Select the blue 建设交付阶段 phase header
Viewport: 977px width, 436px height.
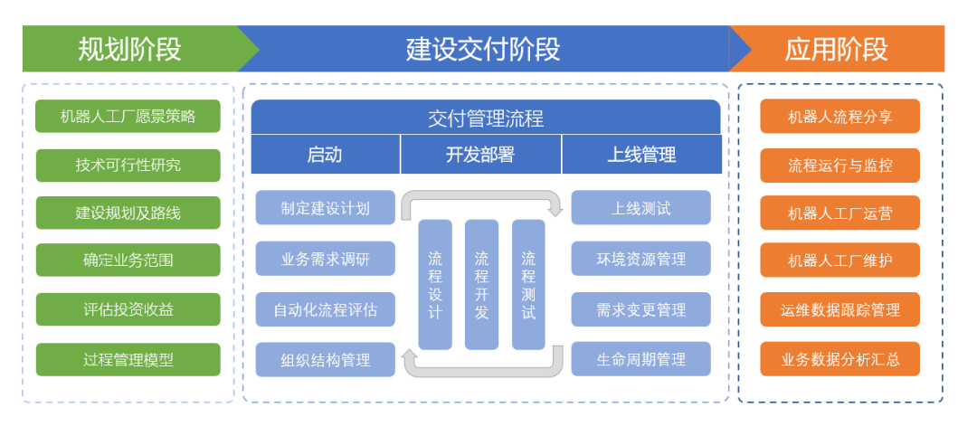coord(483,49)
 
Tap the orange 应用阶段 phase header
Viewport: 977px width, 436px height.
coord(837,49)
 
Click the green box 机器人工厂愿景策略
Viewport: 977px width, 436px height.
coord(128,116)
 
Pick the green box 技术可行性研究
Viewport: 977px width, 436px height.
coord(128,165)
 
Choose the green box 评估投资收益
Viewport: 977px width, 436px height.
coord(128,309)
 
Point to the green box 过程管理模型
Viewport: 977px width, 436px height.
coord(128,359)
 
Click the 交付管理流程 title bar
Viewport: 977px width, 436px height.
coord(486,118)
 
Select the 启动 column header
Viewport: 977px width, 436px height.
coord(325,155)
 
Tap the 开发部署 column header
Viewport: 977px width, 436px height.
coord(480,155)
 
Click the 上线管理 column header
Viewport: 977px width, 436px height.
coord(641,155)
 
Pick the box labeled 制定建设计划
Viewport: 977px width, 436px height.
coord(325,208)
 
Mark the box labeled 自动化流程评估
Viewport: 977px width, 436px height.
coord(325,309)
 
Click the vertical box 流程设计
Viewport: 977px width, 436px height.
coord(435,284)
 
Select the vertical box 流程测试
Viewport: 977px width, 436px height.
coord(528,284)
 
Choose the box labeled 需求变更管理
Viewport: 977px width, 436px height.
coord(640,309)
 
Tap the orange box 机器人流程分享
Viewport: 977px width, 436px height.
coord(839,116)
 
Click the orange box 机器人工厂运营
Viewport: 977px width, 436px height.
coord(839,213)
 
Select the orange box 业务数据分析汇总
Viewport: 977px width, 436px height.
coord(839,359)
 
